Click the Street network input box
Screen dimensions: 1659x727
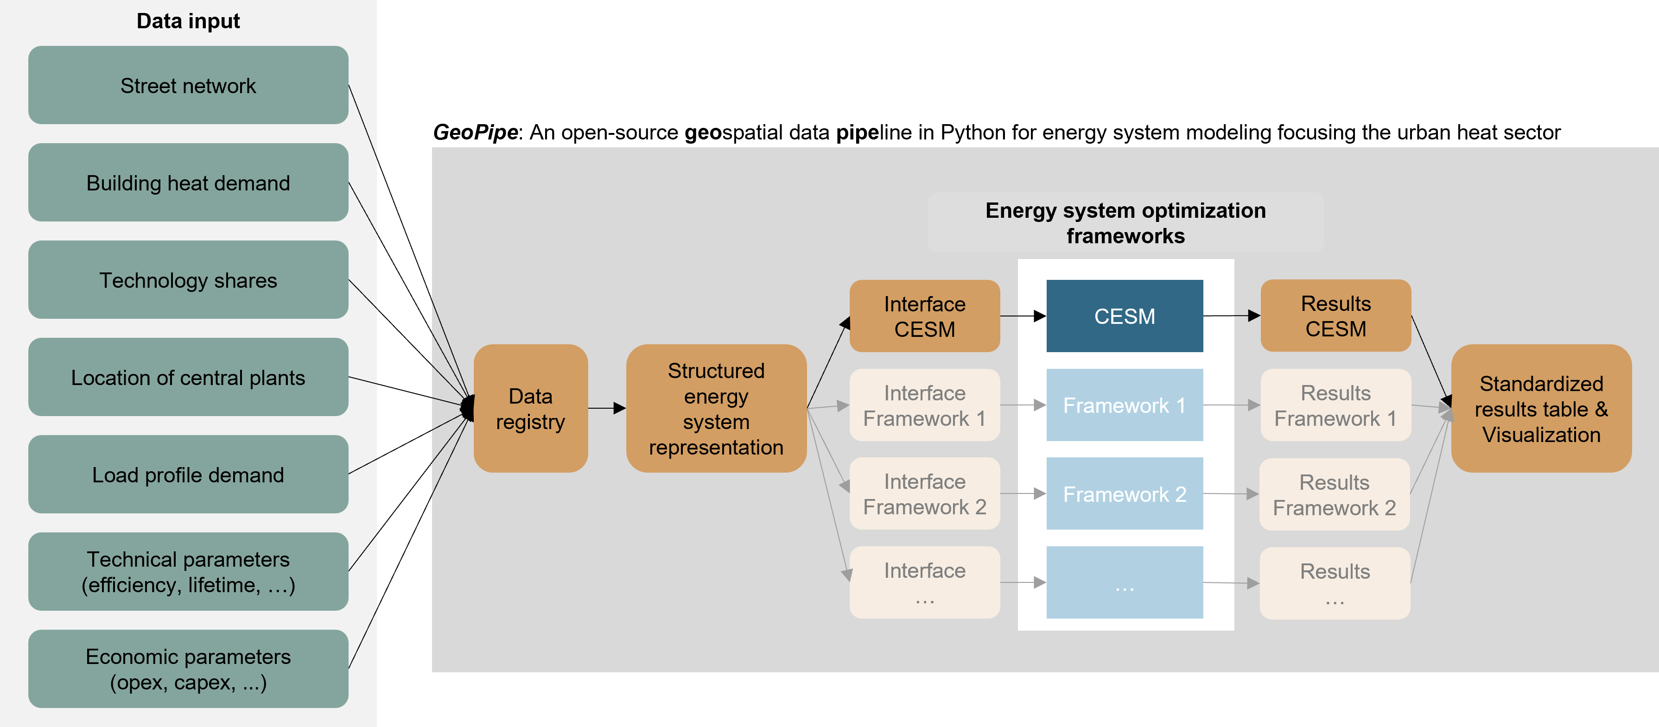188,85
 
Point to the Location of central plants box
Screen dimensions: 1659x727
188,377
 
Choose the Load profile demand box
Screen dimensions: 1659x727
188,474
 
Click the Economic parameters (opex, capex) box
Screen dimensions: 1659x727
188,669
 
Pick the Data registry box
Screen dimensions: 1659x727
531,408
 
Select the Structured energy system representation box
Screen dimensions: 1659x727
716,408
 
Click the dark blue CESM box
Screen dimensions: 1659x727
1125,316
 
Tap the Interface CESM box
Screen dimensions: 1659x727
925,316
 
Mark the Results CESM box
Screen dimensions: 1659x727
1336,316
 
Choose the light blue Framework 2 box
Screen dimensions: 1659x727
1125,493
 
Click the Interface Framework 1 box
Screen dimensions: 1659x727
925,405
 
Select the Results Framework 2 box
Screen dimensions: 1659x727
1335,494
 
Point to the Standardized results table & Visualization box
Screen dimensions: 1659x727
1541,408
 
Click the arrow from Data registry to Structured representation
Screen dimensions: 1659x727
607,408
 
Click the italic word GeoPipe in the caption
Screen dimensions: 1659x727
475,132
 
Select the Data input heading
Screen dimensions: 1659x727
188,21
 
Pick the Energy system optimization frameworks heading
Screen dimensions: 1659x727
1126,223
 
